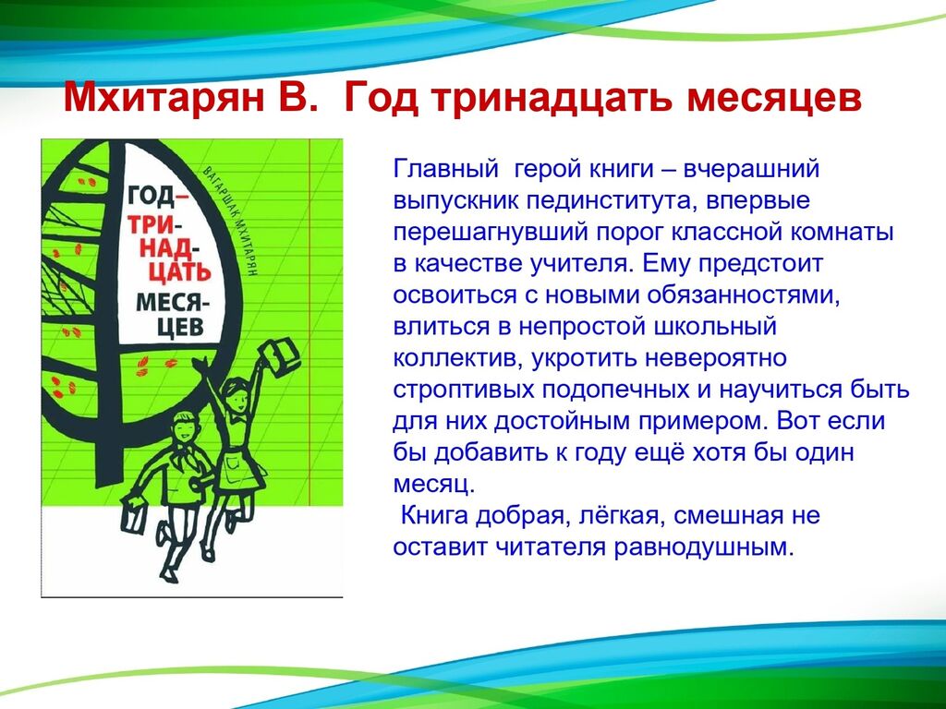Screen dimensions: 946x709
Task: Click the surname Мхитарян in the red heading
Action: tap(164, 98)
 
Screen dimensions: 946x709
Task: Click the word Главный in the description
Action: tap(444, 168)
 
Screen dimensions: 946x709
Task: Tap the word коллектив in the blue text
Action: tap(456, 358)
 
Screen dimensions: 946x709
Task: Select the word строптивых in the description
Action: tap(464, 390)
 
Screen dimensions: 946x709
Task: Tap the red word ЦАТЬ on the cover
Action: tap(179, 273)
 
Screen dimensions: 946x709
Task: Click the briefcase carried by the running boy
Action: tap(135, 513)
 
